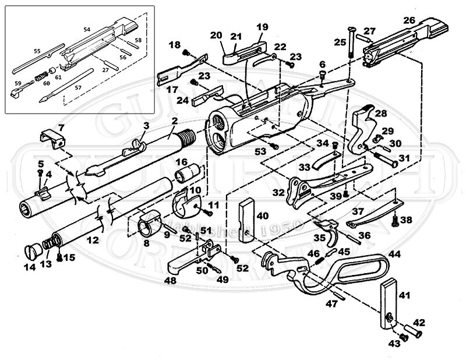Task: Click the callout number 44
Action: point(395,255)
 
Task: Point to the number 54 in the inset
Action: point(87,29)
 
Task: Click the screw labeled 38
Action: point(395,220)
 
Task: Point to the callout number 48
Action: point(171,280)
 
